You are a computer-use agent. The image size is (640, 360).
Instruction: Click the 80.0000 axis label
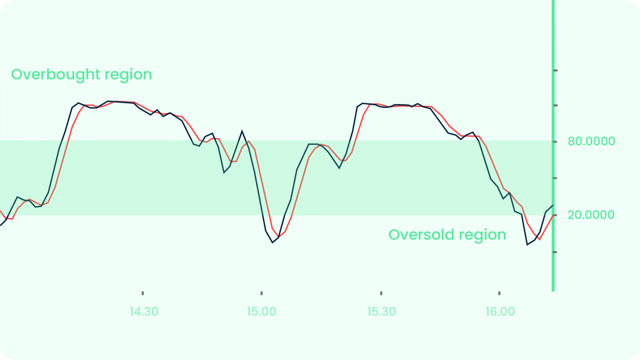click(x=591, y=141)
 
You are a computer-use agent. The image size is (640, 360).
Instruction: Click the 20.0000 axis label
click(x=591, y=215)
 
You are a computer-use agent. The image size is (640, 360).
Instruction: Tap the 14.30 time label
click(x=144, y=312)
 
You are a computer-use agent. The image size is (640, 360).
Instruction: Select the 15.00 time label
click(x=262, y=312)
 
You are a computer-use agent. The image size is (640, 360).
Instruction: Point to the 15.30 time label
click(x=381, y=312)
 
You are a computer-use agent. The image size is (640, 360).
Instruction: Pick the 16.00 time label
click(x=500, y=312)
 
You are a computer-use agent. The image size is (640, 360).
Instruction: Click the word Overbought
click(x=56, y=74)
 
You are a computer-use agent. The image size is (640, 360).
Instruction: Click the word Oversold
click(x=421, y=234)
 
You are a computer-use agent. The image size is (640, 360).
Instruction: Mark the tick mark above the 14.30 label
click(x=143, y=293)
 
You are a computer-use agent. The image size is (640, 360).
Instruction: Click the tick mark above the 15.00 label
click(x=262, y=293)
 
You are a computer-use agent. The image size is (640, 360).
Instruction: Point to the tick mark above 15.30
click(x=381, y=293)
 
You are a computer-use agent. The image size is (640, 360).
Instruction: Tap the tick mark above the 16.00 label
click(x=499, y=293)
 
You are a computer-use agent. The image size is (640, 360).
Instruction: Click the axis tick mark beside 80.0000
click(x=555, y=142)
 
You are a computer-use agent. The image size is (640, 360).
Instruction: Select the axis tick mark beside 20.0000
click(x=555, y=215)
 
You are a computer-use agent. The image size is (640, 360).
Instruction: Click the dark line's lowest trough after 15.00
click(x=272, y=242)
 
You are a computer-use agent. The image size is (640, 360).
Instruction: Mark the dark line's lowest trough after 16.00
click(x=528, y=244)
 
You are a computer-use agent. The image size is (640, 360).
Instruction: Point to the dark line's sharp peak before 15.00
click(x=242, y=131)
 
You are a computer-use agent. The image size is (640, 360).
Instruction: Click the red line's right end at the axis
click(x=553, y=215)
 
